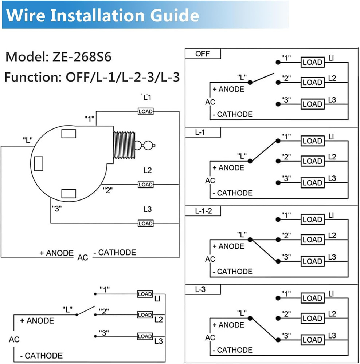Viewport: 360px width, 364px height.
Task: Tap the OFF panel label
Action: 203,54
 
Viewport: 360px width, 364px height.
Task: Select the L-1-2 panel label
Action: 203,211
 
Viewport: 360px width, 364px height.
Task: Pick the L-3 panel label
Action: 200,290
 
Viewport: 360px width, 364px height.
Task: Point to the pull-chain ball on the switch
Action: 149,146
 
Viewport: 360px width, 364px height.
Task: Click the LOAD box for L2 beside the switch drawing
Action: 145,185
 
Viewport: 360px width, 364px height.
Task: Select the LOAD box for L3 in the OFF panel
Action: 312,104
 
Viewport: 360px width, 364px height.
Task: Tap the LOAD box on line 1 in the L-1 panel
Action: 312,141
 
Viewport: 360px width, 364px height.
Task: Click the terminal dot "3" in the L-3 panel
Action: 278,340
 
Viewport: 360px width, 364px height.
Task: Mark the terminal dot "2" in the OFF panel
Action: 278,83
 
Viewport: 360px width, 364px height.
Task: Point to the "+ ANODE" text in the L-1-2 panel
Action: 228,246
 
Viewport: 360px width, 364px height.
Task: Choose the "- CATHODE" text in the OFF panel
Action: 232,114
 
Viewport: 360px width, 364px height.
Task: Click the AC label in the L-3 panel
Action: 210,337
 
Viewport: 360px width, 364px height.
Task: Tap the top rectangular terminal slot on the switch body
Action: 69,134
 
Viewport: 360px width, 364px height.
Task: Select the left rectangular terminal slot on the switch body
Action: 39,163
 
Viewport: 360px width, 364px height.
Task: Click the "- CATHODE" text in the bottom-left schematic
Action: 41,356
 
